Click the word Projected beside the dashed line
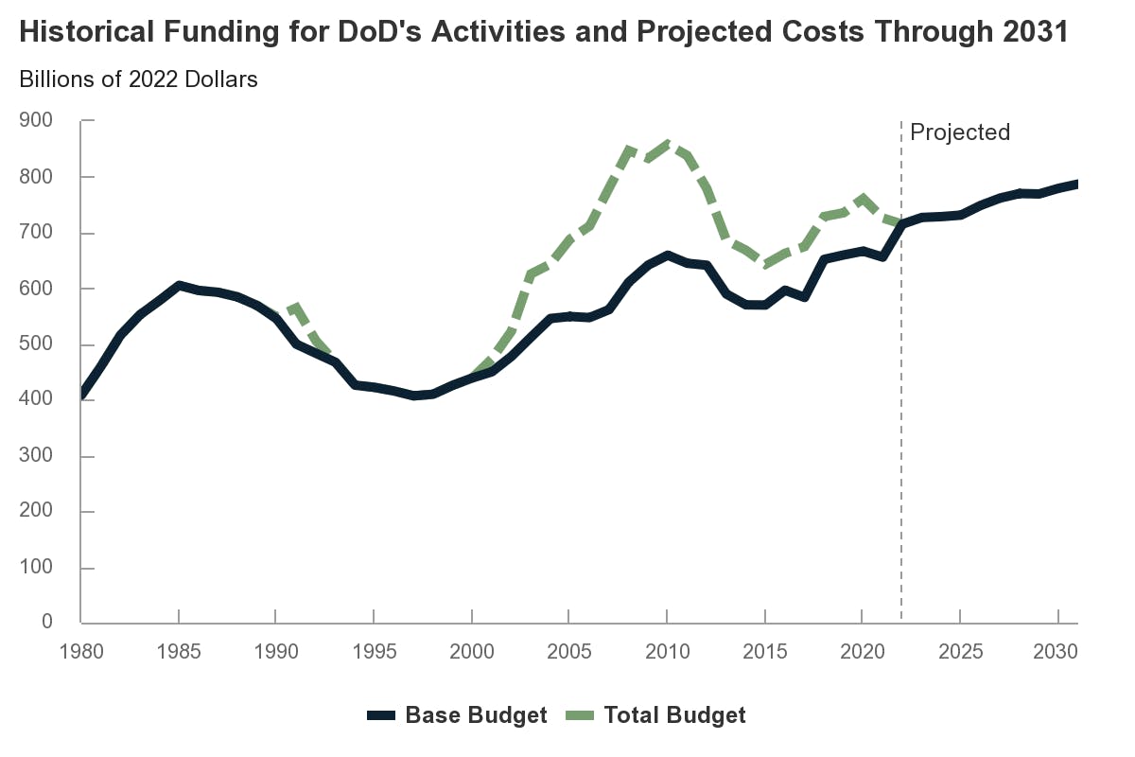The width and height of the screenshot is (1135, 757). (959, 132)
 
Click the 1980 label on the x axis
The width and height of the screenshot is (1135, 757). (81, 653)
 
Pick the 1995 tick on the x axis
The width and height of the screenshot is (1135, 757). (375, 653)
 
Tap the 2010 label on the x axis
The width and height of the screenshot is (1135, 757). (667, 653)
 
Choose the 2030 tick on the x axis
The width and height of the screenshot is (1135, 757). (1057, 653)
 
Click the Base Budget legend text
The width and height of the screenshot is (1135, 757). (476, 715)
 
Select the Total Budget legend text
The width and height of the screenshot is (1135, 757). (675, 715)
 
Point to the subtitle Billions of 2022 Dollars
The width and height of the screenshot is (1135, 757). (138, 79)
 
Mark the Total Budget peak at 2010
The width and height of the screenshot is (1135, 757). (668, 144)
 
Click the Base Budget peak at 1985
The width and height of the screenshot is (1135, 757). (179, 285)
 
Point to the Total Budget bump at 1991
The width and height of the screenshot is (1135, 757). (296, 307)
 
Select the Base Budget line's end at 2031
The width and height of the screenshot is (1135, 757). (1076, 184)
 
